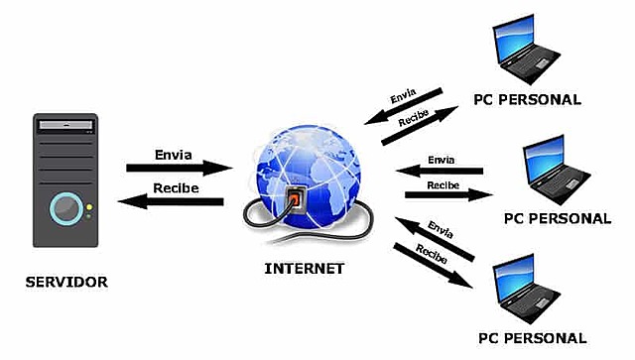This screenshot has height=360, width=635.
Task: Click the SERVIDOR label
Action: pyautogui.click(x=66, y=283)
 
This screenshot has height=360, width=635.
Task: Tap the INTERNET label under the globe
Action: pyautogui.click(x=305, y=268)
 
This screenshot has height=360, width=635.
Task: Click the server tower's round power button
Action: pyautogui.click(x=65, y=207)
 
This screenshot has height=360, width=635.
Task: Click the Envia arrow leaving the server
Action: pyautogui.click(x=179, y=169)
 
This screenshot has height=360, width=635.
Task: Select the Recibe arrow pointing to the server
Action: pyautogui.click(x=171, y=201)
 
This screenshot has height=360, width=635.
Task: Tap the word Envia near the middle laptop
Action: pyautogui.click(x=441, y=159)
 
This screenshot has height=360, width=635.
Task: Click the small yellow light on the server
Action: pyautogui.click(x=88, y=207)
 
